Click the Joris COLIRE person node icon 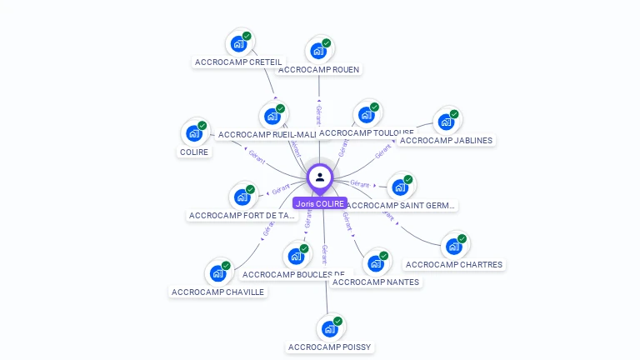coord(320,177)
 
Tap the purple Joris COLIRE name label coord(320,203)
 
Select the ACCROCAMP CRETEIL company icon coord(239,43)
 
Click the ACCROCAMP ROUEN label coord(319,69)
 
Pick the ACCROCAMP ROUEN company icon coord(318,50)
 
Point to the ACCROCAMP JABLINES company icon coord(446,121)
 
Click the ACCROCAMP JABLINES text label coord(446,140)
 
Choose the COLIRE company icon coord(194,132)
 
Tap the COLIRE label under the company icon coord(194,152)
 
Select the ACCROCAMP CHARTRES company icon coord(453,246)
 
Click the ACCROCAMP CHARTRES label coord(454,265)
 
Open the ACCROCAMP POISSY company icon coord(329,328)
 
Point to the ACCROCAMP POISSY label coord(329,347)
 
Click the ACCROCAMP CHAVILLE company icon coord(217,272)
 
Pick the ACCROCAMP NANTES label coord(376,282)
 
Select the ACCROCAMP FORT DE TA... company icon coord(242,197)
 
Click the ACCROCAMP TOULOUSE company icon coord(367,114)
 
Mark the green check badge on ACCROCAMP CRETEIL coord(247,36)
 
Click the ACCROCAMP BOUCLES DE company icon coord(295,255)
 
